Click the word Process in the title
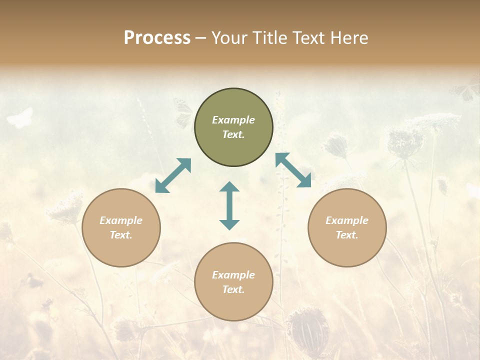(x=157, y=38)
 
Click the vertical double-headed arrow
(x=229, y=205)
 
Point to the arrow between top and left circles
(x=173, y=175)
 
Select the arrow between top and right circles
(x=293, y=170)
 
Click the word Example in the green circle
(x=233, y=120)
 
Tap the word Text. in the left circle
(x=121, y=235)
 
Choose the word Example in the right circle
(x=347, y=220)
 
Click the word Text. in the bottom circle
(x=233, y=289)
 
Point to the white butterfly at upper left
(x=20, y=117)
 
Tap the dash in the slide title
(x=200, y=38)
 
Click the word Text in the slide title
(x=308, y=38)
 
